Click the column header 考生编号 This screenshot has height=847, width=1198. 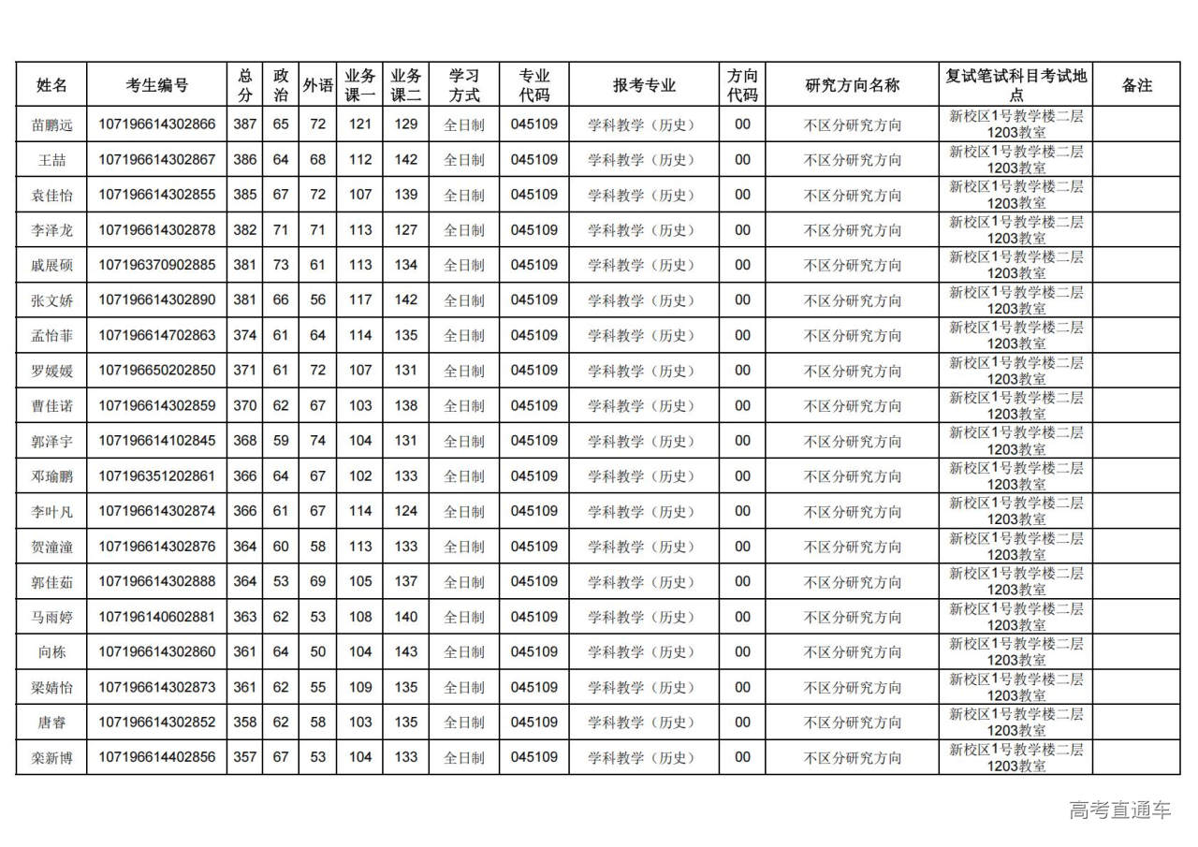click(x=156, y=85)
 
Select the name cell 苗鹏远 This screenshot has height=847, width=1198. click(x=51, y=124)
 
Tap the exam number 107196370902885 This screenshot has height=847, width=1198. click(x=156, y=265)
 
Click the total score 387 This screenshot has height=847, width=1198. click(x=244, y=124)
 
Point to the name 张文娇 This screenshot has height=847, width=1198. click(x=51, y=300)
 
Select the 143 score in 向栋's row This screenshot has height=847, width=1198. click(x=405, y=652)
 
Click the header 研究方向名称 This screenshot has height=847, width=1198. click(x=852, y=85)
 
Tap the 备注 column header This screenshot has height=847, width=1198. click(x=1136, y=85)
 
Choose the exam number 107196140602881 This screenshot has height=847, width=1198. click(x=156, y=617)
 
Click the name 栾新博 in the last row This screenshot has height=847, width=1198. click(x=51, y=758)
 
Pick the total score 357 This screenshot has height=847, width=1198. click(x=244, y=757)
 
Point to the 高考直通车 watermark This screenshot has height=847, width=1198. click(x=1120, y=810)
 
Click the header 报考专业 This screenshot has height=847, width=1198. click(x=644, y=85)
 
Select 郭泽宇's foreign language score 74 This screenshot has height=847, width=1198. click(x=318, y=441)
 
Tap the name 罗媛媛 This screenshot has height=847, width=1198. click(x=51, y=371)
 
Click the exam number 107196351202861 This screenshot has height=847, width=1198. click(x=156, y=476)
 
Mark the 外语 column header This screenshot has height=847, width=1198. click(x=318, y=85)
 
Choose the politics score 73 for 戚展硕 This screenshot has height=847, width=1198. click(x=281, y=265)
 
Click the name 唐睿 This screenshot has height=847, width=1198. click(x=51, y=723)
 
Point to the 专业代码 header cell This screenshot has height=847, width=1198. click(x=534, y=85)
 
